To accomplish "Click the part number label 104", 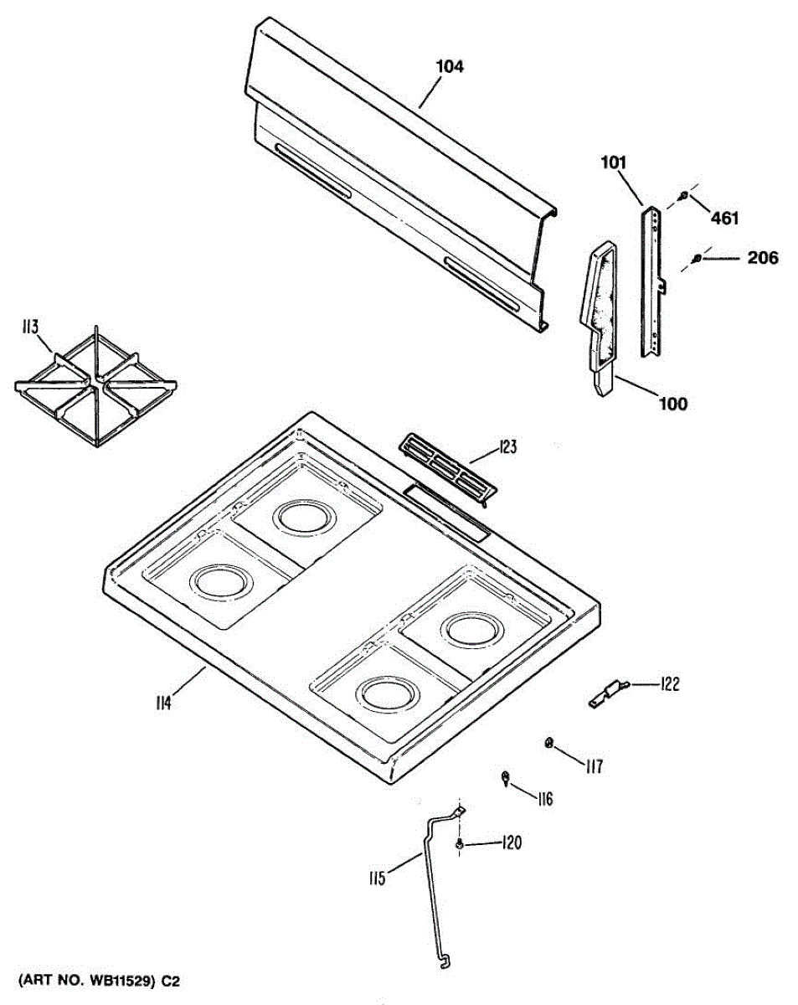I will click(x=449, y=67).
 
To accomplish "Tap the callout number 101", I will click(x=613, y=162).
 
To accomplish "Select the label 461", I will click(x=724, y=219).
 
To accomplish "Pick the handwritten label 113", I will click(x=30, y=327).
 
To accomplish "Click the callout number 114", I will click(x=162, y=703).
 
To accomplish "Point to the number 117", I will click(x=594, y=765).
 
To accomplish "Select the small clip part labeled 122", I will click(x=608, y=693).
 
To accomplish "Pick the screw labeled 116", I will click(x=507, y=778).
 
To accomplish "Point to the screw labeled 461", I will click(x=684, y=196).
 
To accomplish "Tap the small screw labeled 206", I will click(x=697, y=260).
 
